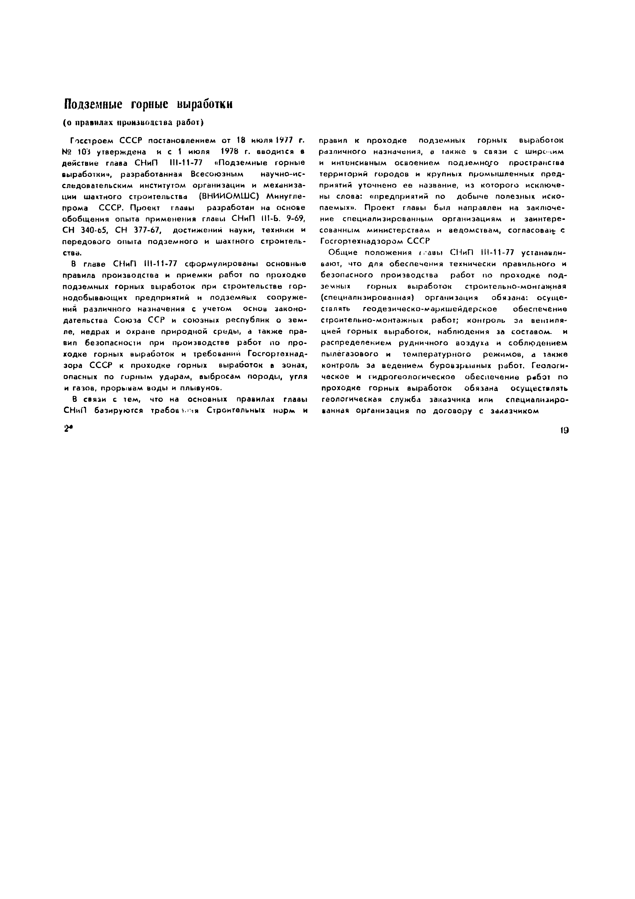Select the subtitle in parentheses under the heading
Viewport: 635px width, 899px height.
(x=133, y=123)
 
